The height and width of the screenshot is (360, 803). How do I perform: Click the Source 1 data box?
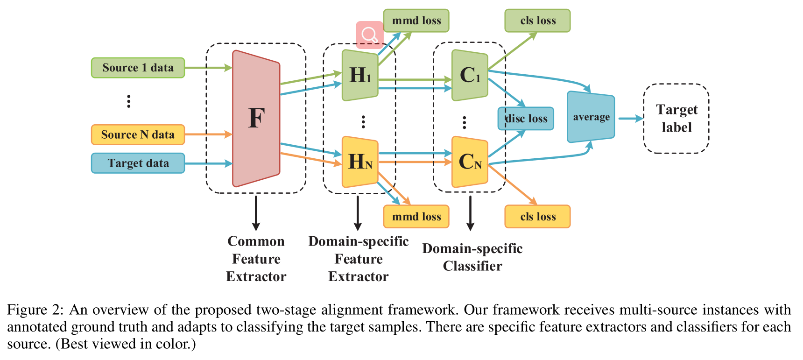coord(138,68)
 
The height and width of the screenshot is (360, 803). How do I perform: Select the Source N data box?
coord(138,135)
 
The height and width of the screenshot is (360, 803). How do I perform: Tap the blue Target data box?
coord(138,163)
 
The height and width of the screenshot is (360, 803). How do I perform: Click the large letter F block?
coord(256,118)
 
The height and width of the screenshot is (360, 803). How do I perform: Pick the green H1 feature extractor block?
coord(360,75)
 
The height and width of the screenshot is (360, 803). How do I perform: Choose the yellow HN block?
coord(360,162)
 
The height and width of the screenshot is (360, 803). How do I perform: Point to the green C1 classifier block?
coord(470,75)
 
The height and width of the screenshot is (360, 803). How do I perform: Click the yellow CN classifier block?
coord(470,162)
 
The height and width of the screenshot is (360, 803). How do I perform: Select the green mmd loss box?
coord(416,21)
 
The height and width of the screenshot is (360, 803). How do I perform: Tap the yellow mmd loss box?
coord(416,217)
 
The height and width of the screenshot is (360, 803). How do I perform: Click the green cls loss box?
coord(537,21)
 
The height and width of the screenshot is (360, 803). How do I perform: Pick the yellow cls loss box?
coord(537,217)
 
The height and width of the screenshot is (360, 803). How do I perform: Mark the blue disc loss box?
coord(526,119)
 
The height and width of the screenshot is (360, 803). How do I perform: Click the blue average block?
coord(591,117)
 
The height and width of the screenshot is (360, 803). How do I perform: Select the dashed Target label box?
coord(676,119)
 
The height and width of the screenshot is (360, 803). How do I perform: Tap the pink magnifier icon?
coord(370,35)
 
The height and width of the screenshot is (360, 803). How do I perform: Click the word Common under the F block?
coord(256,241)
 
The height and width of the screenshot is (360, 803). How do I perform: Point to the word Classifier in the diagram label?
coord(472,266)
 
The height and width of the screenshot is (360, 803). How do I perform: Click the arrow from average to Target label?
coord(630,119)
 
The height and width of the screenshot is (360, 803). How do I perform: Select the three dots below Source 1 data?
coord(129,101)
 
